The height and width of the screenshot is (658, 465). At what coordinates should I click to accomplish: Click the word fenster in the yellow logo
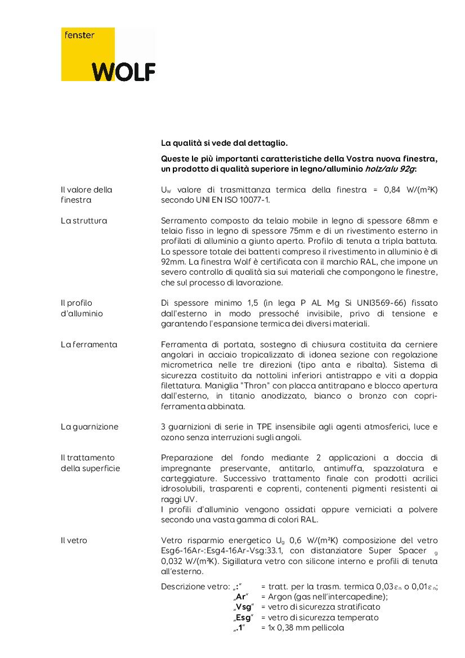coord(79,35)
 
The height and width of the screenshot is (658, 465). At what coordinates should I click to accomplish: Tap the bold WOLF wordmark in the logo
coord(123,71)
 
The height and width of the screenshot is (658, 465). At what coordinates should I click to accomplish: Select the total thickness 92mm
coord(171,262)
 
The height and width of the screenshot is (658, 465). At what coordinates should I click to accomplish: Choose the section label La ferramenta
coord(88,344)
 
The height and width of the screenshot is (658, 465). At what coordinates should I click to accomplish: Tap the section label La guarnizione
coord(90,427)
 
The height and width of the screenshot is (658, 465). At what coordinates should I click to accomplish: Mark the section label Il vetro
coord(74,540)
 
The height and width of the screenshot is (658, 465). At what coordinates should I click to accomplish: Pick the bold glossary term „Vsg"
coord(244,607)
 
